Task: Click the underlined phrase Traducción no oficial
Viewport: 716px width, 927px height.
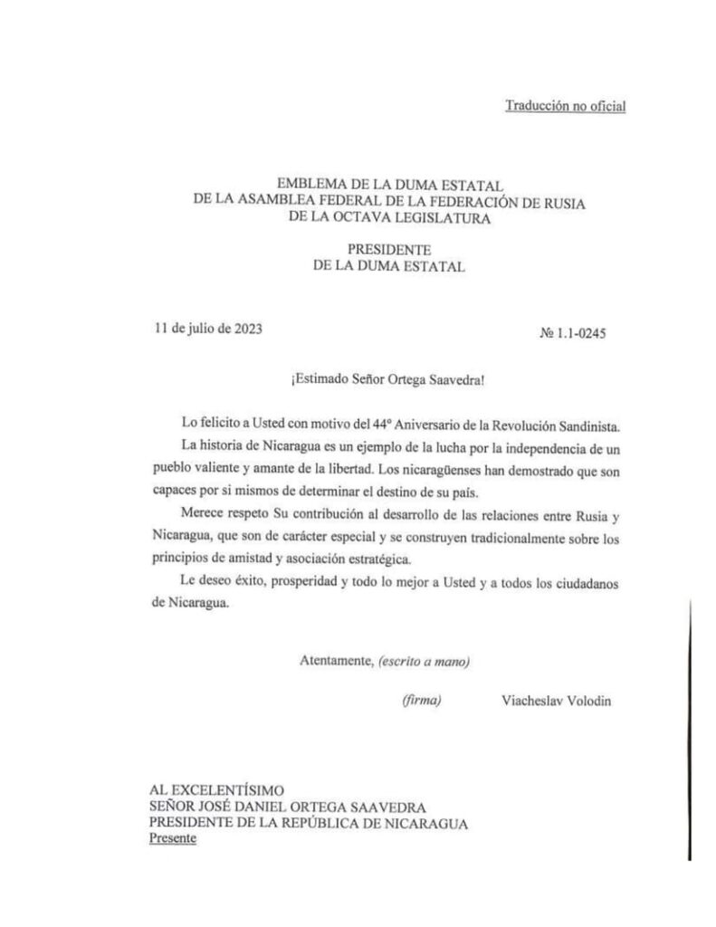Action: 565,107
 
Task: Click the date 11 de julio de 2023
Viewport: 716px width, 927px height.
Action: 208,329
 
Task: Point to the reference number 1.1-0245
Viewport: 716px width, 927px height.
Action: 580,333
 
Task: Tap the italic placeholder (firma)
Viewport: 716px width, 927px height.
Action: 422,701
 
